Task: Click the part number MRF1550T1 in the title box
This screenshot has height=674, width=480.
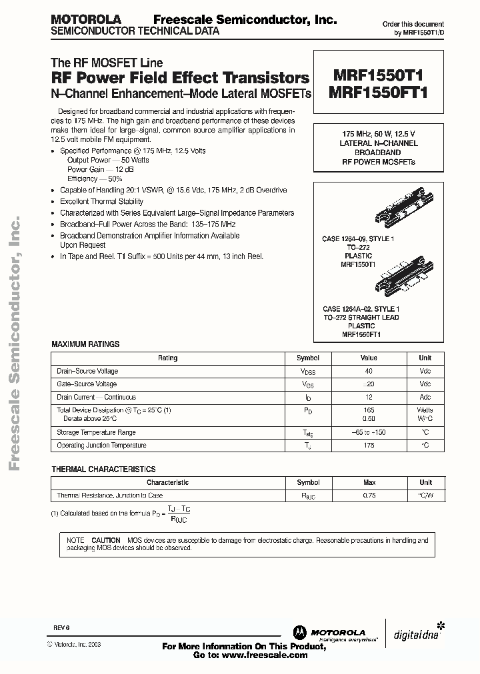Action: tap(377, 77)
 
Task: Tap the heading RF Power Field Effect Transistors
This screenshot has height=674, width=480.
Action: tap(180, 77)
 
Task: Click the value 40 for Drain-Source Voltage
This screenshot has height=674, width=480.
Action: tap(369, 371)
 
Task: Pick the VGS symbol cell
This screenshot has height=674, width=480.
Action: tap(307, 384)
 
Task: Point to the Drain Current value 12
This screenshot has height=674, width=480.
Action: tap(369, 397)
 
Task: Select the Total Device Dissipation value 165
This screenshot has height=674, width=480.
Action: tap(369, 410)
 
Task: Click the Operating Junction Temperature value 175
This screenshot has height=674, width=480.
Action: tap(369, 446)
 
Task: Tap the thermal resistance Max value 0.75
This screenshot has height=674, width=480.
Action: tap(369, 496)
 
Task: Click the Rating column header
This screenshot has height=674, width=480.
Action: tap(167, 358)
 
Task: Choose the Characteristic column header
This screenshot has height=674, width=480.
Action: tap(167, 482)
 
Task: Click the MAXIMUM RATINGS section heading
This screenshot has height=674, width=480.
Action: tap(85, 344)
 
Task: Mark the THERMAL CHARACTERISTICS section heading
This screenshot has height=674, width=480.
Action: tap(103, 469)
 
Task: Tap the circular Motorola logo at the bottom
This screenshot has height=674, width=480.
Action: tap(298, 631)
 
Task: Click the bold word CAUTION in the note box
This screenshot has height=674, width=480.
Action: tap(106, 539)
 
